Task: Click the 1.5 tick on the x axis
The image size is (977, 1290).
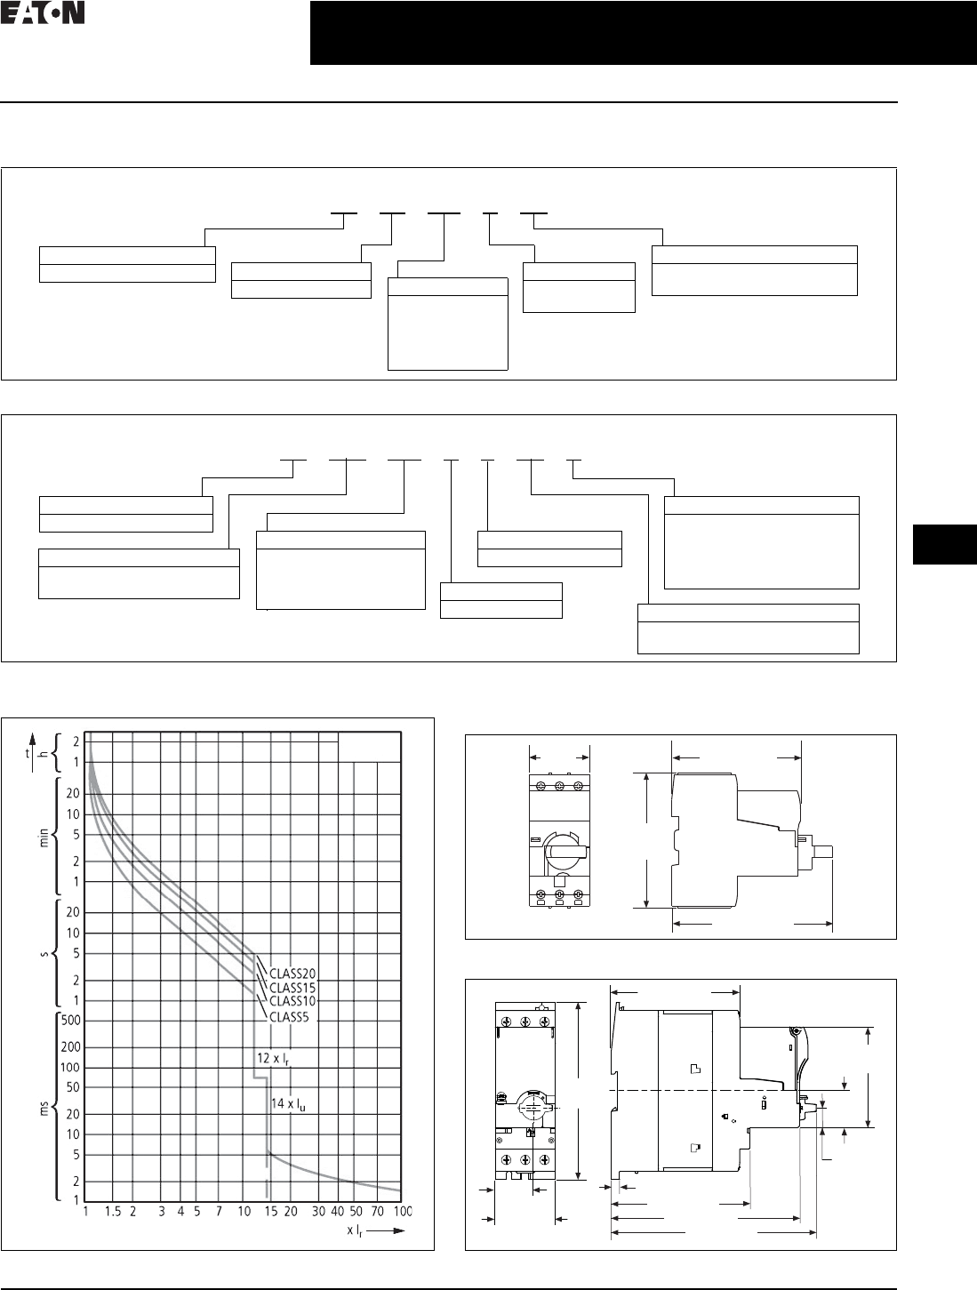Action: tap(113, 1212)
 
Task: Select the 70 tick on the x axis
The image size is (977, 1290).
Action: tap(378, 1212)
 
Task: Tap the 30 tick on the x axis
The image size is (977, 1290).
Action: tap(317, 1212)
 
